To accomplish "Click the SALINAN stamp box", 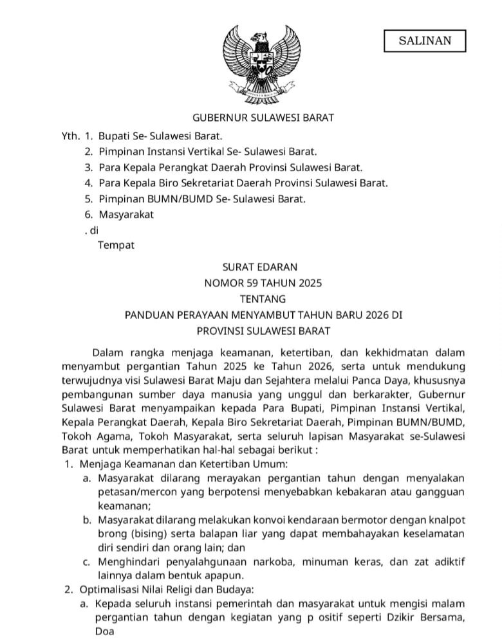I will pos(424,41).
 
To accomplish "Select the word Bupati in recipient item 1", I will pos(114,136).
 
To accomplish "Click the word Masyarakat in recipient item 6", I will pos(126,215).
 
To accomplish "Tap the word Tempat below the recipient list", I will pos(116,246).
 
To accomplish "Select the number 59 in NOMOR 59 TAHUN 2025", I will pos(251,283).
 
